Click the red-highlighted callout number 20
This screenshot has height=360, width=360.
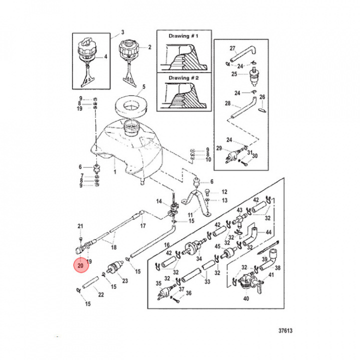tap(80, 265)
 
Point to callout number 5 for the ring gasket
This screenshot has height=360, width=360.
tap(143, 86)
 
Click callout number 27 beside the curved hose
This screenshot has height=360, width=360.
tap(232, 48)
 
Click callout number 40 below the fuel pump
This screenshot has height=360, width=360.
tap(246, 299)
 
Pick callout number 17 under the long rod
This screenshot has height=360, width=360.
tap(142, 226)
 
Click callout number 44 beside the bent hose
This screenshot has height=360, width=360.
tap(268, 232)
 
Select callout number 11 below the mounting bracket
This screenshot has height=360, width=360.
tap(190, 216)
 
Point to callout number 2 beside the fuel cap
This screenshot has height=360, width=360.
tap(149, 47)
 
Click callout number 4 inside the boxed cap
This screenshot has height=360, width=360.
tap(105, 56)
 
